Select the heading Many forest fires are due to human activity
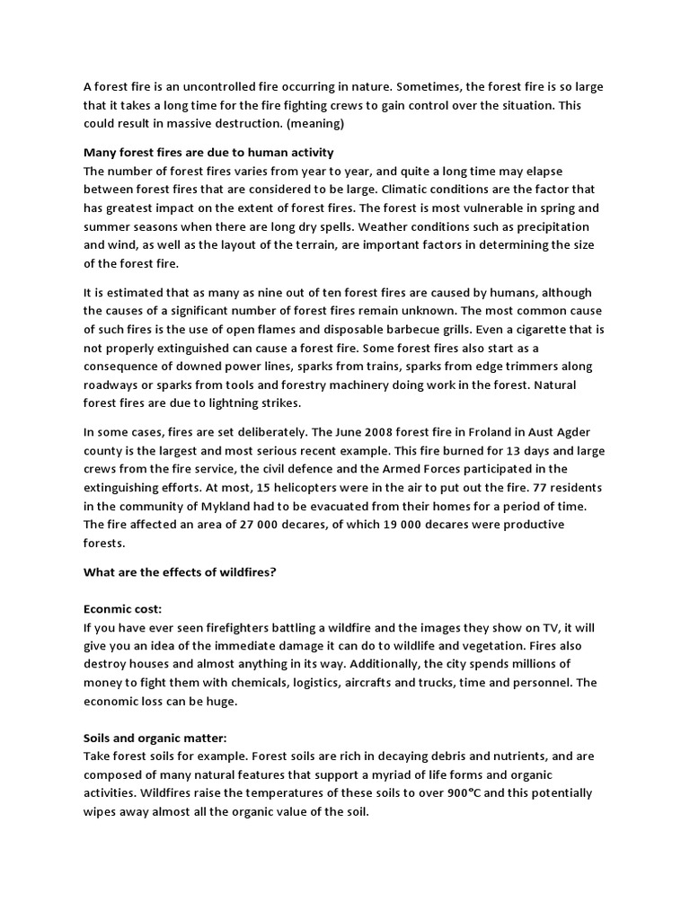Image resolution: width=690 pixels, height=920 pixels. [x=208, y=152]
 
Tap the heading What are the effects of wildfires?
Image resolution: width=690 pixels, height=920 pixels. [x=180, y=571]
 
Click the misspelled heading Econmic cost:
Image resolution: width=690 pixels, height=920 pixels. [x=122, y=609]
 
